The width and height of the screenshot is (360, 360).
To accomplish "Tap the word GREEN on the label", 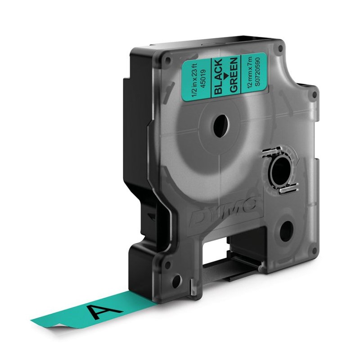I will [232, 77].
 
